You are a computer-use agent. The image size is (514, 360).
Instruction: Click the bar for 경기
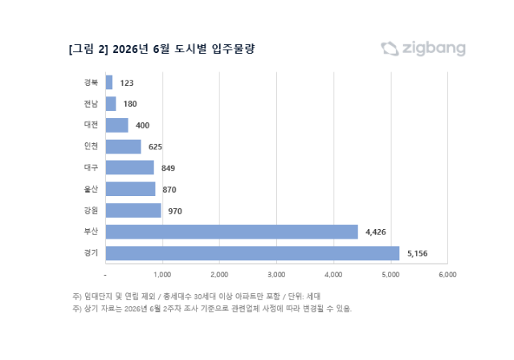point(252,253)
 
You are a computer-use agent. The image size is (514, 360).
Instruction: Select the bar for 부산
point(232,231)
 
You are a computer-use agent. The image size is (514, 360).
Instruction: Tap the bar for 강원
point(133,211)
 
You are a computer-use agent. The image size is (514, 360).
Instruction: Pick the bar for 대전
point(117,125)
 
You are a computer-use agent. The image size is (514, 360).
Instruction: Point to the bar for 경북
point(109,82)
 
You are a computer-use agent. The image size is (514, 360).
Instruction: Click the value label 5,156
point(418,253)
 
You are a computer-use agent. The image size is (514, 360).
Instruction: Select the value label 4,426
point(376,232)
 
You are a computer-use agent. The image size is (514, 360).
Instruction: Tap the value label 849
point(168,168)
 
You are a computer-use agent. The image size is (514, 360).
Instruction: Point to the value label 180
point(130,104)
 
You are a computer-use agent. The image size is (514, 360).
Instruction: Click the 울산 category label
point(91,189)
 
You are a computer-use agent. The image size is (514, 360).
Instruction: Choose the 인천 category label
point(91,146)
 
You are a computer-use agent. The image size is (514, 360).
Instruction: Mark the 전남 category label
point(91,104)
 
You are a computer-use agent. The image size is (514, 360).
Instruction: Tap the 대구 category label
point(91,167)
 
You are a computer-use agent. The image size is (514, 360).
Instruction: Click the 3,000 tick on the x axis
point(276,275)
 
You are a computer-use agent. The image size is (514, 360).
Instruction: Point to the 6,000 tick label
point(447,275)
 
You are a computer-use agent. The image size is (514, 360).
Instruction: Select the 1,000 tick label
point(162,275)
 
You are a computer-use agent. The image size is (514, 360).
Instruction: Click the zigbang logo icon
point(390,49)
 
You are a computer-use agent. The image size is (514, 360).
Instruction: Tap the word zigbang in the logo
point(434,49)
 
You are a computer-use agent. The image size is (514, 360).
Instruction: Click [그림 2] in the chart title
point(88,49)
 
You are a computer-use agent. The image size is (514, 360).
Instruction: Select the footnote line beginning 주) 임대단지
point(196,297)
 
